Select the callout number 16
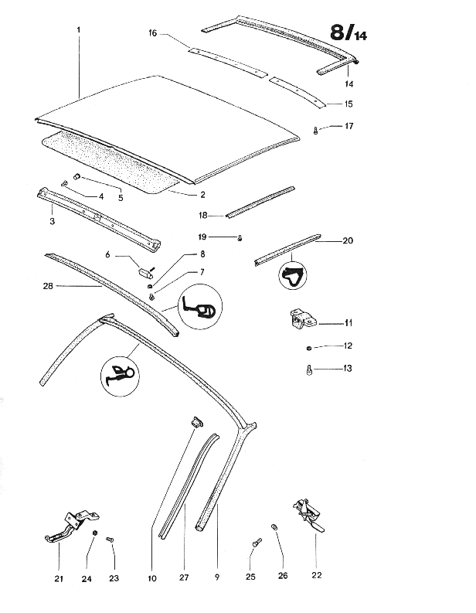tap(153, 33)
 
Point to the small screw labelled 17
tap(317, 131)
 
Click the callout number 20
tap(348, 240)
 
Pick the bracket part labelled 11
tap(300, 320)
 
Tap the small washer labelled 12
tap(309, 346)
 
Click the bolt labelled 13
tap(310, 370)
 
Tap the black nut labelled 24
tap(94, 534)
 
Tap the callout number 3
tap(52, 221)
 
